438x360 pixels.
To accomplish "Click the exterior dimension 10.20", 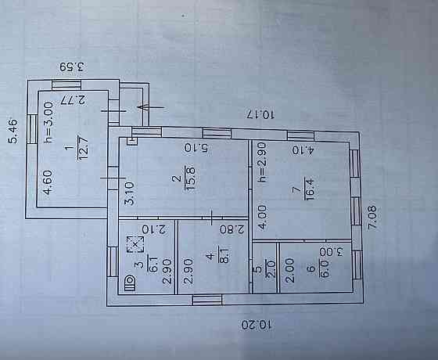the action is [x=257, y=325].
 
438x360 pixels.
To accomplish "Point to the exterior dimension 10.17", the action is [x=261, y=113].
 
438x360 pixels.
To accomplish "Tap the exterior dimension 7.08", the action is [x=372, y=218].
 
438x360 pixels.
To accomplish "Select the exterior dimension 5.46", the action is [x=13, y=131].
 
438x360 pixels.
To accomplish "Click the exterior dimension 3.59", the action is [x=72, y=67].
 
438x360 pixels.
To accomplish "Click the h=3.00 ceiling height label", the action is [x=48, y=122].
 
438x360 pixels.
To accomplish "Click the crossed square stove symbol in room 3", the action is [x=135, y=244].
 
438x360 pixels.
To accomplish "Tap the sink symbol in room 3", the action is [x=130, y=283].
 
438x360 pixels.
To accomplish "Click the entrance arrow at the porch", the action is [x=151, y=107].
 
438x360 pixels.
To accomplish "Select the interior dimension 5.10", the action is [x=196, y=148].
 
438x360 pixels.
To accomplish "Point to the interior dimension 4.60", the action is [x=48, y=182].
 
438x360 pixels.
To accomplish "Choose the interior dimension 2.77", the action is [x=74, y=100].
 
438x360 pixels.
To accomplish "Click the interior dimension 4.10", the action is [x=303, y=150].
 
